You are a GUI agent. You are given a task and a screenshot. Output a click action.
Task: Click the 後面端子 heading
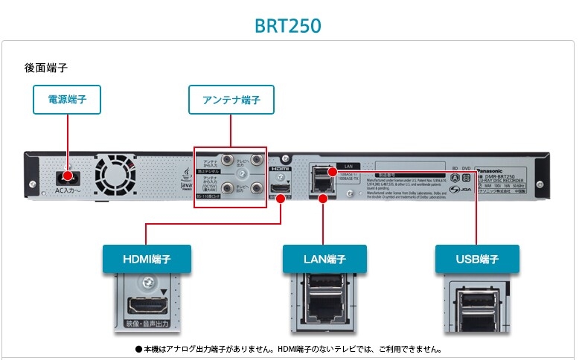pyautogui.click(x=46, y=68)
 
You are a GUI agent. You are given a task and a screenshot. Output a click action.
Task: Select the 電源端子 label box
pyautogui.click(x=67, y=99)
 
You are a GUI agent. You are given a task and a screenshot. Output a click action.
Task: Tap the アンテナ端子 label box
pyautogui.click(x=231, y=99)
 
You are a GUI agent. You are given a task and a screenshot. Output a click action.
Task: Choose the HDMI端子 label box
pyautogui.click(x=147, y=260)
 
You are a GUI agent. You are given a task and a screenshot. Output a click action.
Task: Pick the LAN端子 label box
pyautogui.click(x=325, y=260)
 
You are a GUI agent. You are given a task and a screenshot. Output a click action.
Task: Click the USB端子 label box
pyautogui.click(x=477, y=260)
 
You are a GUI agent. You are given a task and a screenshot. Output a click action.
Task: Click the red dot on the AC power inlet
pyautogui.click(x=68, y=176)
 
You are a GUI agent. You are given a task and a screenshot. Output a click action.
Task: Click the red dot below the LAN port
pyautogui.click(x=322, y=199)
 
